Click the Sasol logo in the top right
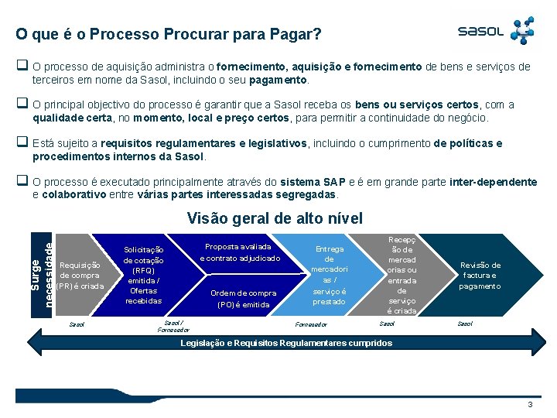[496, 31]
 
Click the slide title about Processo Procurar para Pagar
[169, 35]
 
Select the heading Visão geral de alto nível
[275, 218]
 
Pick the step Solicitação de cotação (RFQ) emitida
[144, 275]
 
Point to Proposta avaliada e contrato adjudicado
[240, 252]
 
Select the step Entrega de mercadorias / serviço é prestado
[329, 275]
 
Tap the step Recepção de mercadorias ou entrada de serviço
[402, 275]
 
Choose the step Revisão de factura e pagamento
[480, 275]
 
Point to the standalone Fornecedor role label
[312, 325]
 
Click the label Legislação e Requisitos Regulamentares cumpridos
[286, 343]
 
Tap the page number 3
[529, 405]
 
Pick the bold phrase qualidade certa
[72, 118]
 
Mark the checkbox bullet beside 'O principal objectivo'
[22, 104]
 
